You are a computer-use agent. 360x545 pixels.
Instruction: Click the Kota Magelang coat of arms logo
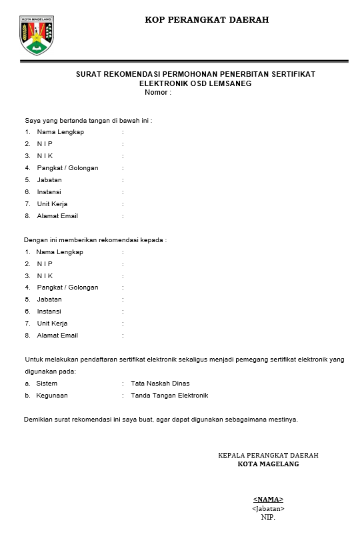[37, 35]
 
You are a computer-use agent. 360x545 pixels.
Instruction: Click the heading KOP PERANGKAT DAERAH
[207, 20]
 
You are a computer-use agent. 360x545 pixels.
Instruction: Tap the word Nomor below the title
[155, 92]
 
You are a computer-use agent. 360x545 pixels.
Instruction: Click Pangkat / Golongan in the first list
[67, 168]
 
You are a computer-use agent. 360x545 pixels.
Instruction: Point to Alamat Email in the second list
[57, 336]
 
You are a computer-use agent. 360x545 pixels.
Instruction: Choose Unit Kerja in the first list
[52, 204]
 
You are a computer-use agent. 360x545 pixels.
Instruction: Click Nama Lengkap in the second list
[59, 252]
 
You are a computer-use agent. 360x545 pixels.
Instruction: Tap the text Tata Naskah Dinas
[160, 384]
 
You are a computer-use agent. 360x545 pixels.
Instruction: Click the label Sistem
[47, 384]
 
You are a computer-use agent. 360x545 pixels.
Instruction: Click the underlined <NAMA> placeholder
[268, 500]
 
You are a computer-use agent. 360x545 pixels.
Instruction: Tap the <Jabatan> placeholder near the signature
[268, 508]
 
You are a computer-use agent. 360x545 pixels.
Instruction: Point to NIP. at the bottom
[268, 517]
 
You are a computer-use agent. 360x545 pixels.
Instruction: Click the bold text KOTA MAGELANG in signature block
[268, 464]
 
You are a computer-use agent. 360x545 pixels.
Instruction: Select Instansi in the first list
[49, 192]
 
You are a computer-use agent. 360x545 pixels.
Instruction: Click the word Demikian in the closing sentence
[39, 420]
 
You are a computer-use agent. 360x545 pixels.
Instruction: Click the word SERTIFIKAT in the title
[293, 74]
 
